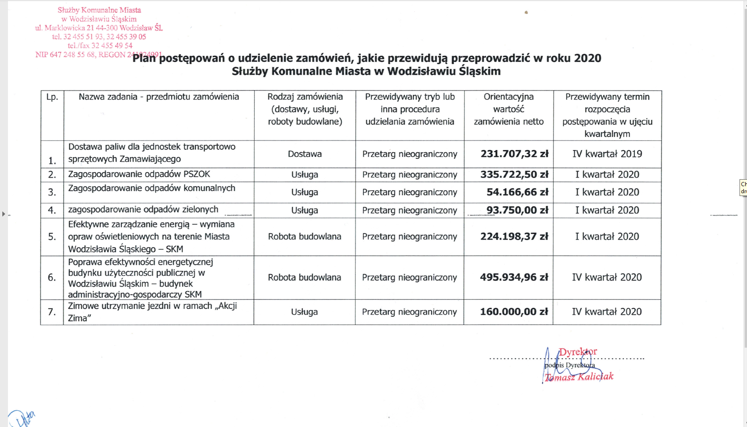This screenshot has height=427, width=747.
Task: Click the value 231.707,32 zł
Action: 514,154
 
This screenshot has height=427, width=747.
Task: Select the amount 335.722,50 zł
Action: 514,175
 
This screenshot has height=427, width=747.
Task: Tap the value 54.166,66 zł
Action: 517,192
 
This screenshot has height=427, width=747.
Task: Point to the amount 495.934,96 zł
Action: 514,277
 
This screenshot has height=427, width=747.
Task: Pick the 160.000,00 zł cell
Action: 514,312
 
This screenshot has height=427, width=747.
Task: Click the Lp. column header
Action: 52,97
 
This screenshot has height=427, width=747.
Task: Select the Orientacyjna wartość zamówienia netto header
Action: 509,109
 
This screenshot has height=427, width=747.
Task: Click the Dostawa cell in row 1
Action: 305,154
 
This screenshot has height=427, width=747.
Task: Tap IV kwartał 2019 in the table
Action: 607,154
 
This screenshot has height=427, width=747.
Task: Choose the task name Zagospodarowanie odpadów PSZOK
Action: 139,174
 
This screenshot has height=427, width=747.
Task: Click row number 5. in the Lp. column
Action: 52,237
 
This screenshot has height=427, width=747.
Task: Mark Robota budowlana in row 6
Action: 304,277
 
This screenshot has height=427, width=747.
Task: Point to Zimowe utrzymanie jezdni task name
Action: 152,312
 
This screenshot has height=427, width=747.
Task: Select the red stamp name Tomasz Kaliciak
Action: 579,377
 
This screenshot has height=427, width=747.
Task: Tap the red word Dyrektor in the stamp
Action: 578,352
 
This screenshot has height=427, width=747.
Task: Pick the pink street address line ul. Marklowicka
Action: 99,28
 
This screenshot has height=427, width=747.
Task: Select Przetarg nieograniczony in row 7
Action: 409,312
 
